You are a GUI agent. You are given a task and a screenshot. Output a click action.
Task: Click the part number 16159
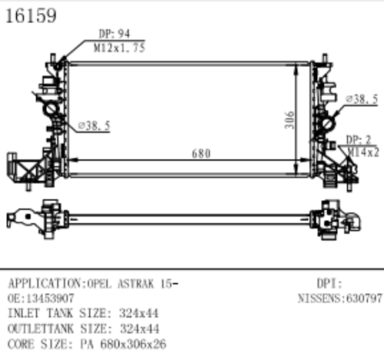pyautogui.click(x=31, y=17)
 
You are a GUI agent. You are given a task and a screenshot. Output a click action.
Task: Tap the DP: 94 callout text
pyautogui.click(x=114, y=35)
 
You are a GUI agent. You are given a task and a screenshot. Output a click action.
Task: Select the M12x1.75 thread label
pyautogui.click(x=118, y=48)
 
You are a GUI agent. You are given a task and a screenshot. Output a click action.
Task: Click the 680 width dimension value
pyautogui.click(x=200, y=154)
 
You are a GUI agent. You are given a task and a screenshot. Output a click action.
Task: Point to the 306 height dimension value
pyautogui.click(x=290, y=121)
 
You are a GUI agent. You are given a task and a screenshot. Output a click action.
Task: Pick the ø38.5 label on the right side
pyautogui.click(x=361, y=100)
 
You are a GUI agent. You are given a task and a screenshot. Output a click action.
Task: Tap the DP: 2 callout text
pyautogui.click(x=359, y=139)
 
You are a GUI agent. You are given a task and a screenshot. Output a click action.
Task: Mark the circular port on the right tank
pyautogui.click(x=328, y=122)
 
